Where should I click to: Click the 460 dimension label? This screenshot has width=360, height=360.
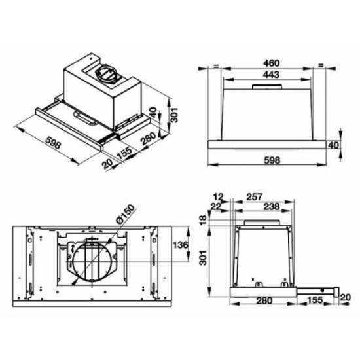(271, 63)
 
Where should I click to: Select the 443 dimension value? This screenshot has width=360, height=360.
(271, 75)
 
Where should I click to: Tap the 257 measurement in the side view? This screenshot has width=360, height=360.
(254, 197)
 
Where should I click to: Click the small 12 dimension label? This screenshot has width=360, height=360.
(218, 197)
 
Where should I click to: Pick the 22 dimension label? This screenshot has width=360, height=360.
(216, 206)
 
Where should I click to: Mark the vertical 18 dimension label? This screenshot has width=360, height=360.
(203, 220)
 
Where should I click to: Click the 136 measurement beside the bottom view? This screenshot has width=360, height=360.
(181, 245)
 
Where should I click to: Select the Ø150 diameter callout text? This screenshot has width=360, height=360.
(126, 214)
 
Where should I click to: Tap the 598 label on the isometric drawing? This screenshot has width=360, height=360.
(53, 143)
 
